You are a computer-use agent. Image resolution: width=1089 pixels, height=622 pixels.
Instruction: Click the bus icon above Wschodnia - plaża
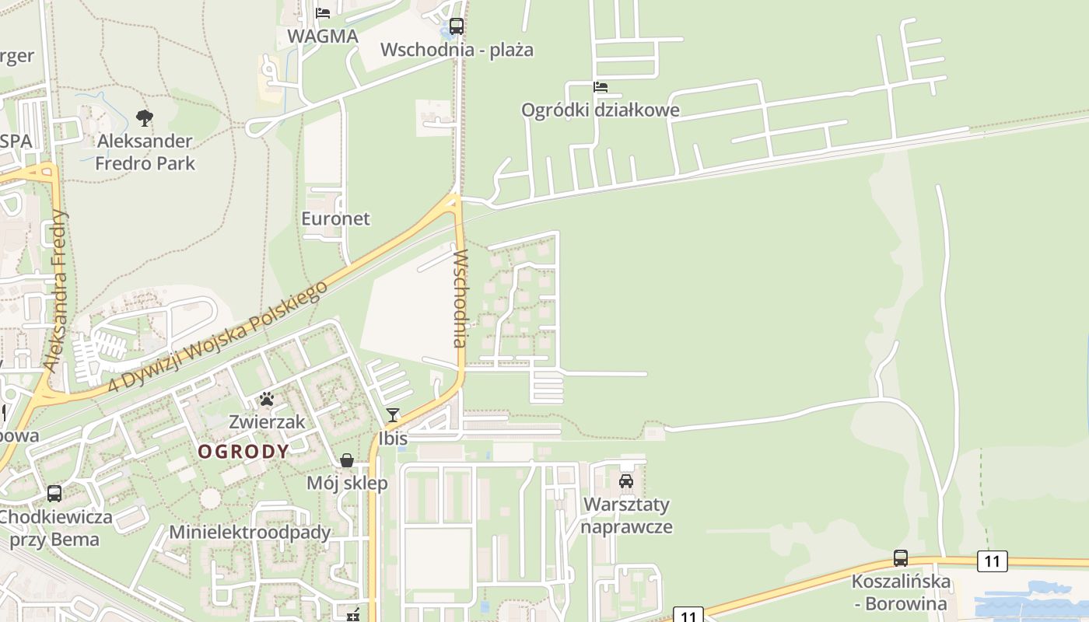coord(457,26)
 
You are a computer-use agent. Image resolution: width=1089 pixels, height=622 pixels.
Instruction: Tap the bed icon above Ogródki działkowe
coord(601,87)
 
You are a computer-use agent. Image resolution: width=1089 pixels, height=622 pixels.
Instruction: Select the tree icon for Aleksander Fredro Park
coord(144,118)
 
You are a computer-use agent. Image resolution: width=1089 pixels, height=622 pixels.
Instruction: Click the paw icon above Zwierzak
coord(267,400)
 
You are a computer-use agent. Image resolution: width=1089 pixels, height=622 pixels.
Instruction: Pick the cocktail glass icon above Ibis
coord(393,415)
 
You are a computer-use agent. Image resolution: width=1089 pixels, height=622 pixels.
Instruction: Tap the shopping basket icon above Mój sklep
coord(347,460)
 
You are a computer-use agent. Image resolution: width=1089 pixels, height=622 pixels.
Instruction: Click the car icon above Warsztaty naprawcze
coord(626,481)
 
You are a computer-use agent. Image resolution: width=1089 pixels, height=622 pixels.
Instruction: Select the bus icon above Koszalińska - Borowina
coord(901,558)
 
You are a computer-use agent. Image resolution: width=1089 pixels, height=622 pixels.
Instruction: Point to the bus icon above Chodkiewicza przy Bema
coord(54,493)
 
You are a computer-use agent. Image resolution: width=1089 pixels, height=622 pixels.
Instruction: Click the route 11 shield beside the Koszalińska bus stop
coord(992,561)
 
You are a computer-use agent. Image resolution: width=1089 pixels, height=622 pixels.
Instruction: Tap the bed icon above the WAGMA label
coord(323,13)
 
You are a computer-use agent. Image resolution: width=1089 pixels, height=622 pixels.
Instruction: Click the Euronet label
coord(336,218)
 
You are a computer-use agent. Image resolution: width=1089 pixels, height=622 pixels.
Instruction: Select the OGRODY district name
coord(243,452)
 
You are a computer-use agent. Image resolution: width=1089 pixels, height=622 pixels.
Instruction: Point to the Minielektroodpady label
coord(250,533)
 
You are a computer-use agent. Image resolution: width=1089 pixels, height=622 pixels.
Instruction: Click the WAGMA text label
coord(323,37)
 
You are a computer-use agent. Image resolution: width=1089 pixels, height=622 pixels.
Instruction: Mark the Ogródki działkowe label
coord(601,110)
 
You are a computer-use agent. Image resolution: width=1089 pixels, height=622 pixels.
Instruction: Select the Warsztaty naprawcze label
coord(627,515)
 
